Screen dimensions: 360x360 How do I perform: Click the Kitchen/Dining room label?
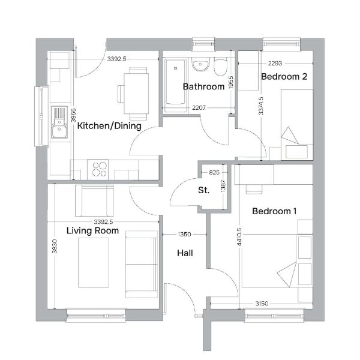(109, 126)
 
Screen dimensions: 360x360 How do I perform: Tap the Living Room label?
(92, 230)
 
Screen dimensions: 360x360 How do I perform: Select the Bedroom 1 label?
(274, 211)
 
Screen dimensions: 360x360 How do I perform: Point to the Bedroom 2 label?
(284, 77)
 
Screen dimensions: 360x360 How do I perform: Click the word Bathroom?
(203, 86)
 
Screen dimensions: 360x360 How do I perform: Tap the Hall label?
(185, 253)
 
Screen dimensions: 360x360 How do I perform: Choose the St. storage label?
(204, 190)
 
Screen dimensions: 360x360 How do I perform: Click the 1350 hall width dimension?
(185, 234)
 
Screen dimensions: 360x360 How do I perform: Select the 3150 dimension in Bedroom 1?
(262, 304)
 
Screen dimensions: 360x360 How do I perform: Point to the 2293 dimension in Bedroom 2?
(275, 63)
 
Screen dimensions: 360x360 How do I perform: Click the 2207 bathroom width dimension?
(199, 107)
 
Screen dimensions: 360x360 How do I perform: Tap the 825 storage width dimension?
(214, 172)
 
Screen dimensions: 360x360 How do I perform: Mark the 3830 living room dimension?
(55, 247)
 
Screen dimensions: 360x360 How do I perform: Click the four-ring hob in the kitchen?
(98, 170)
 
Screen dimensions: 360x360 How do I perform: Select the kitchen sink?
(59, 122)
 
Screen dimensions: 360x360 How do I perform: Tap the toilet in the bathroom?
(221, 67)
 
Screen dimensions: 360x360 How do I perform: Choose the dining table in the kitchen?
(136, 94)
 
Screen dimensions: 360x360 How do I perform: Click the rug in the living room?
(94, 263)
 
